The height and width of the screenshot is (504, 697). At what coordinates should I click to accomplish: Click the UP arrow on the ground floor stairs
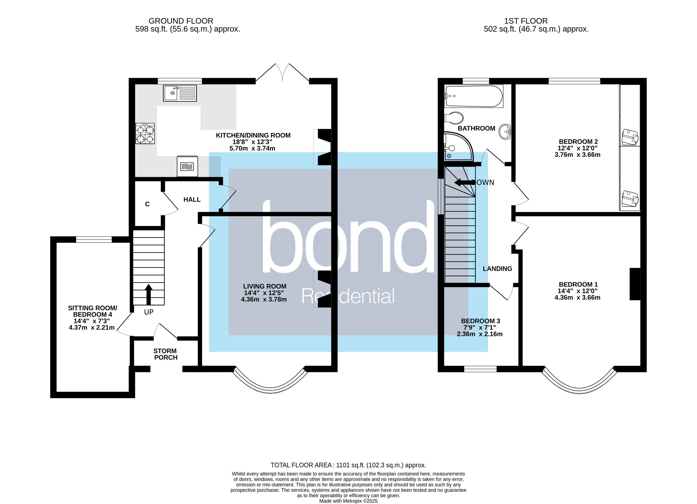pyautogui.click(x=148, y=294)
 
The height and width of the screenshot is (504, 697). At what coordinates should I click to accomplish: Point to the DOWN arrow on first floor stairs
pyautogui.click(x=464, y=182)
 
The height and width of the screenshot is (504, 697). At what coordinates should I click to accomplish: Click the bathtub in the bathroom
pyautogui.click(x=473, y=96)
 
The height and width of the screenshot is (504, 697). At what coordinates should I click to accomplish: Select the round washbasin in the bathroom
pyautogui.click(x=505, y=132)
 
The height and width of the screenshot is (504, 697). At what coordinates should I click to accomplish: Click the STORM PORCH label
pyautogui.click(x=165, y=354)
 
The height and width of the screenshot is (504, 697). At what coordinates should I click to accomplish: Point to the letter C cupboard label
pyautogui.click(x=147, y=204)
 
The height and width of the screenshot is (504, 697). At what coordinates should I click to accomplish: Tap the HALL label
pyautogui.click(x=192, y=200)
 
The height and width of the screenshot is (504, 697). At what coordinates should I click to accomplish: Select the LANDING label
pyautogui.click(x=497, y=269)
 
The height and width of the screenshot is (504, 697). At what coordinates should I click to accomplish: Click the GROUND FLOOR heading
pyautogui.click(x=181, y=21)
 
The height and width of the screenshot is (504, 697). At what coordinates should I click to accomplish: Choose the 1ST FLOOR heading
pyautogui.click(x=526, y=21)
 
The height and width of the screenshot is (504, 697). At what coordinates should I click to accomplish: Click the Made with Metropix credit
pyautogui.click(x=348, y=501)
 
